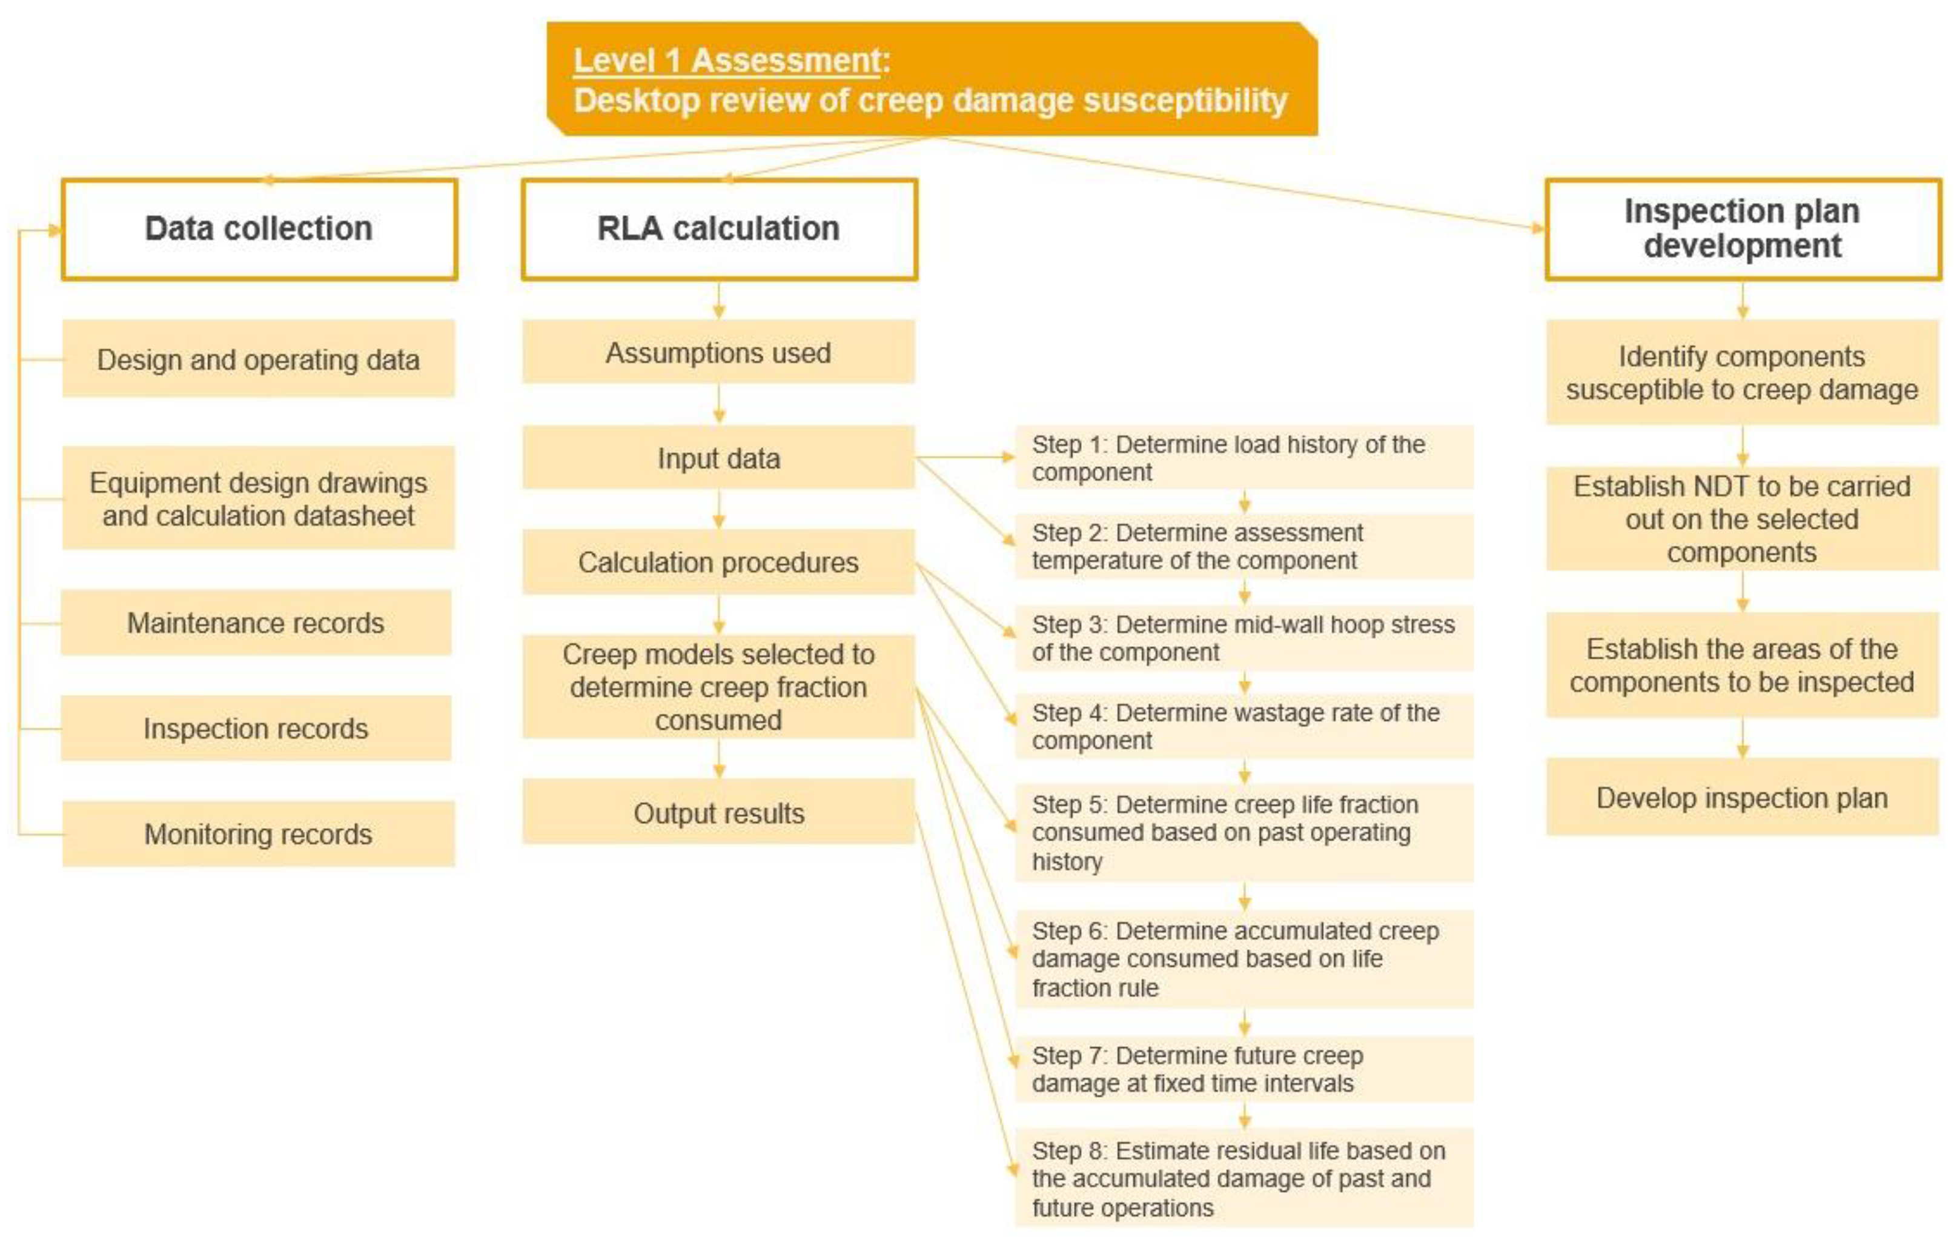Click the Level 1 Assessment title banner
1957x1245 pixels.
(x=932, y=79)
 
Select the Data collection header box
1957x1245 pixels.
(x=259, y=229)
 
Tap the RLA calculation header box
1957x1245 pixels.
(x=719, y=229)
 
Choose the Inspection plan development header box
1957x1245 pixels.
(x=1743, y=229)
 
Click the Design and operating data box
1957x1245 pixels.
(x=259, y=359)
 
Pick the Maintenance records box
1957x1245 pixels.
(x=256, y=623)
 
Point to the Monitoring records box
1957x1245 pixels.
(x=259, y=833)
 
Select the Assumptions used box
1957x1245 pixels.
(x=718, y=352)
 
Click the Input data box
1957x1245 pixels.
(x=718, y=458)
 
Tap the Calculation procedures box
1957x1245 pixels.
(x=718, y=562)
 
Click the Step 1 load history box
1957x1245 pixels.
(x=1243, y=458)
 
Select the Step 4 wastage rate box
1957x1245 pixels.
(x=1243, y=726)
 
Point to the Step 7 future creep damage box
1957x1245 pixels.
(x=1243, y=1069)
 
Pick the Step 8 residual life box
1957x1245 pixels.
(x=1243, y=1178)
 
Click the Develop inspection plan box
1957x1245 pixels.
(x=1743, y=798)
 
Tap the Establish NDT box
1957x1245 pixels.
(x=1743, y=519)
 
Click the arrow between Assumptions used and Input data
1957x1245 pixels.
(x=719, y=404)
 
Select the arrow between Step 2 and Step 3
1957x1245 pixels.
(x=1244, y=592)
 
